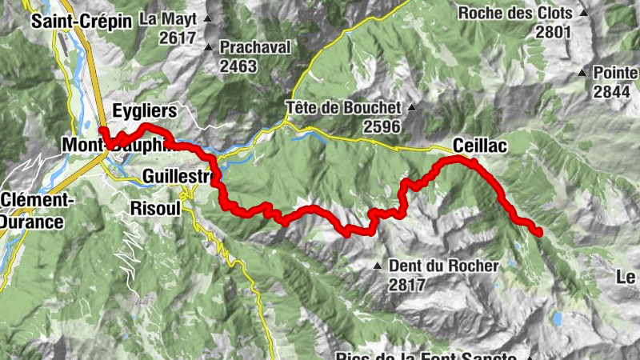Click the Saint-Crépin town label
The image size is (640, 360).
point(81,22)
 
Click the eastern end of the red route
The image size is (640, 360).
point(539,233)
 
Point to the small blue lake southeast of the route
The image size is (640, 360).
point(555,320)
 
